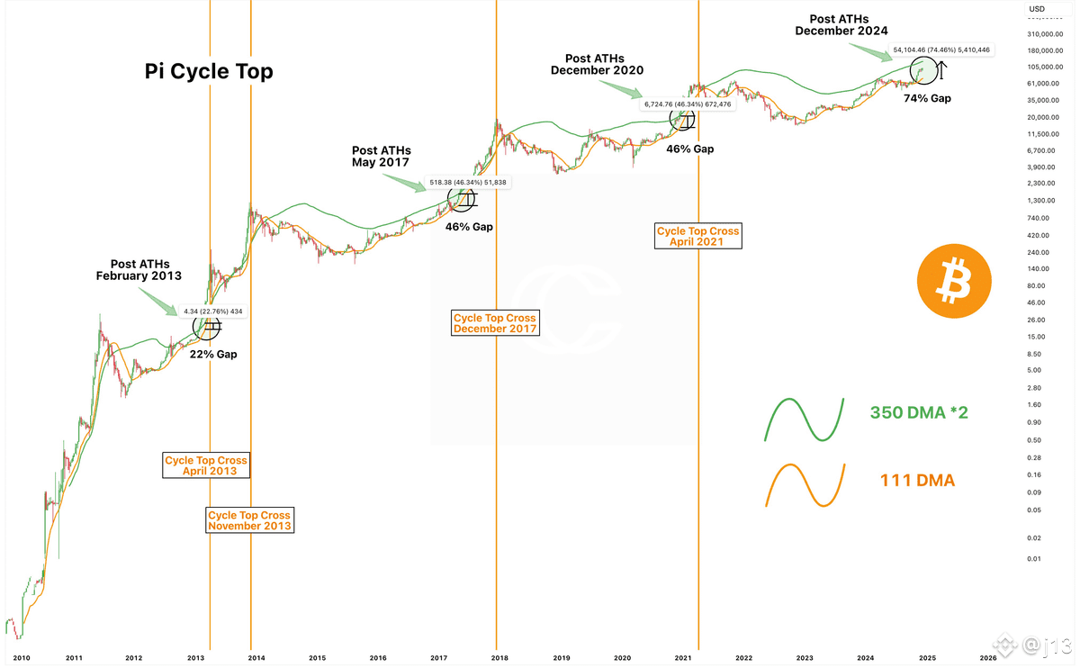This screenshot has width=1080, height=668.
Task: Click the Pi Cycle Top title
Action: pyautogui.click(x=209, y=73)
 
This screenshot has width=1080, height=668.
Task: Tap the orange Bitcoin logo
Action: pyautogui.click(x=954, y=281)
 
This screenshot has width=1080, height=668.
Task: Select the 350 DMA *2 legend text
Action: pyautogui.click(x=919, y=413)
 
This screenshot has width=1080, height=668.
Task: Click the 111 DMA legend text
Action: pyautogui.click(x=917, y=482)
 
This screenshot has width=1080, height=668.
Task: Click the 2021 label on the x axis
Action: pyautogui.click(x=680, y=658)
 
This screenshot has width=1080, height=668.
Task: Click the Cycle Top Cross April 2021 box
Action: pyautogui.click(x=697, y=237)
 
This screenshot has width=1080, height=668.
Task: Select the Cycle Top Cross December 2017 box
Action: pyautogui.click(x=495, y=323)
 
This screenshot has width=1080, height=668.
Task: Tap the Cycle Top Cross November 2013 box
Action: pyautogui.click(x=249, y=519)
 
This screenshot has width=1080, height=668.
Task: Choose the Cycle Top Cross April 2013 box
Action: pyautogui.click(x=206, y=465)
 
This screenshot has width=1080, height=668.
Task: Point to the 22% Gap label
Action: pyautogui.click(x=213, y=355)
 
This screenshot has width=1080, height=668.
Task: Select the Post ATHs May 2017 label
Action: pyautogui.click(x=381, y=156)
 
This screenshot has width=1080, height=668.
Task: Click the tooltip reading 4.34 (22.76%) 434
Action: pyautogui.click(x=213, y=311)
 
